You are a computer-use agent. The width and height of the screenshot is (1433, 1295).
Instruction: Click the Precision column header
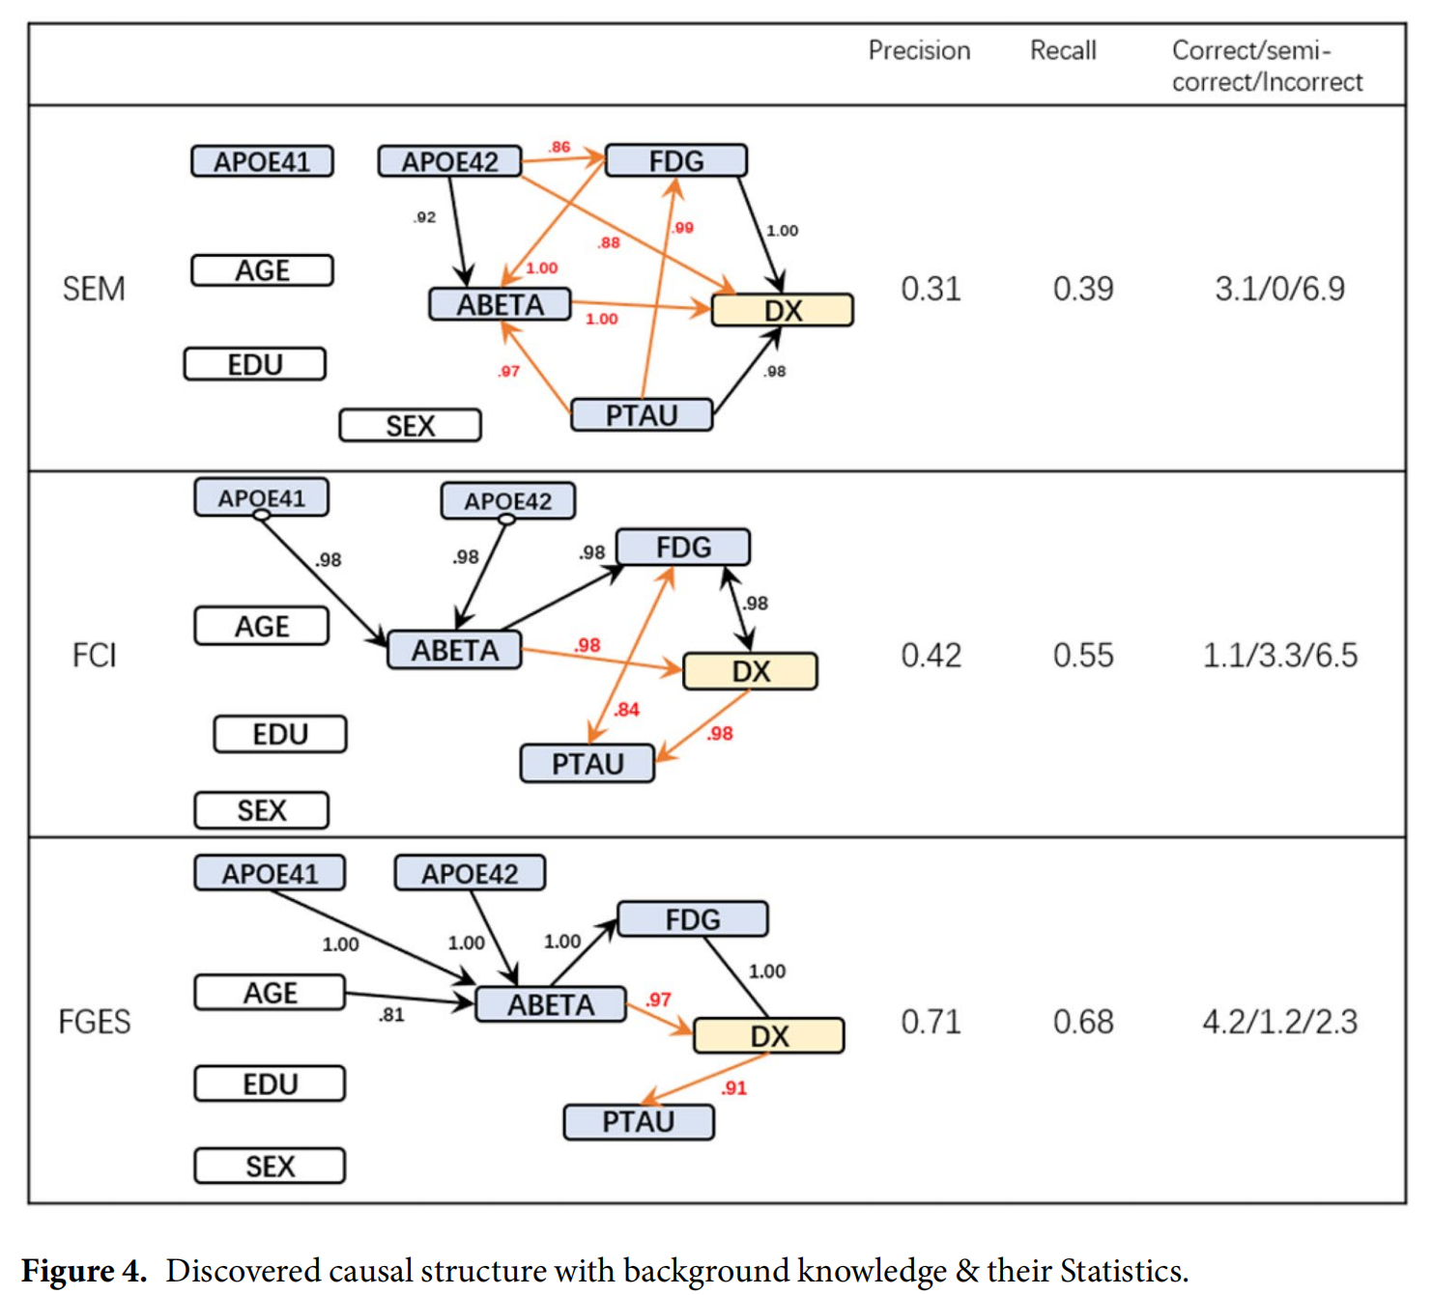point(918,50)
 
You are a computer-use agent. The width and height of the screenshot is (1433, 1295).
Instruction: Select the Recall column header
point(1062,50)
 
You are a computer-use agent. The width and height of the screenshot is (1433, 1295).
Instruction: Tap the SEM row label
point(94,289)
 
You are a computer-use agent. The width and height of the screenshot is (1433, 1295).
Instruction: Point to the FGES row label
point(94,1022)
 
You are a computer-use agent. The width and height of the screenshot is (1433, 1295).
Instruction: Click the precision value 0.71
point(931,1022)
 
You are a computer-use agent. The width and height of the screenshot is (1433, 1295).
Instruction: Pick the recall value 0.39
point(1082,289)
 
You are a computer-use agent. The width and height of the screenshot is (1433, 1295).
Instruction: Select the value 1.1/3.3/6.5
point(1278,656)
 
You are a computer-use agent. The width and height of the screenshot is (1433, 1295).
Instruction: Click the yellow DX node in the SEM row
point(782,310)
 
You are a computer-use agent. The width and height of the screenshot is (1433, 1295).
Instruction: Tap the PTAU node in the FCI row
point(587,764)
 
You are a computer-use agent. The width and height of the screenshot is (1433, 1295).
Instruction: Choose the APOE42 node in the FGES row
point(470,873)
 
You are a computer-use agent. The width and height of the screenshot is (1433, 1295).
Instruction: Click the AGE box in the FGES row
point(270,993)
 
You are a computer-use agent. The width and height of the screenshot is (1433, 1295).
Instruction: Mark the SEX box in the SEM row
point(410,426)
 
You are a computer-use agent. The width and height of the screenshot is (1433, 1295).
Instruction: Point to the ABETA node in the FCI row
point(454,650)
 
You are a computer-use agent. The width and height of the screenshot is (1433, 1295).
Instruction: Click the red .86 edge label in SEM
point(559,147)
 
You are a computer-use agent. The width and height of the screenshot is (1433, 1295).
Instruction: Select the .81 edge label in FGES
point(391,1015)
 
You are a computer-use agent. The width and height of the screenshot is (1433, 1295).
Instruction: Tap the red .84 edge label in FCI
point(626,710)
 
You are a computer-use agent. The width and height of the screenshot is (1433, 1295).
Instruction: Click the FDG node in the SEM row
point(675,160)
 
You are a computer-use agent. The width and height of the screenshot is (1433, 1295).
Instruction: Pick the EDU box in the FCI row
point(279,735)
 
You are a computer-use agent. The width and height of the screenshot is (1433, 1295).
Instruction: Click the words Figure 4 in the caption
point(83,1270)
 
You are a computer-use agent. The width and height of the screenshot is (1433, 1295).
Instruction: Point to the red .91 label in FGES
point(733,1088)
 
